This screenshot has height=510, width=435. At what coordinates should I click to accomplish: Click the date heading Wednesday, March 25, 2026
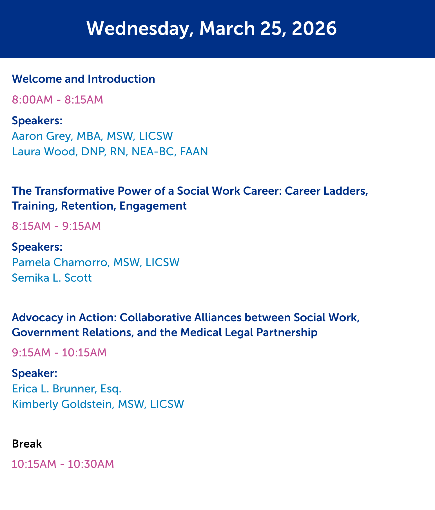pyautogui.click(x=211, y=29)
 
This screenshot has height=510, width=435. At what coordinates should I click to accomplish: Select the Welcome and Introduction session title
pyautogui.click(x=83, y=79)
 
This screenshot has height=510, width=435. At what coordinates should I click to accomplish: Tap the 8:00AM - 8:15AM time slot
pyautogui.click(x=57, y=100)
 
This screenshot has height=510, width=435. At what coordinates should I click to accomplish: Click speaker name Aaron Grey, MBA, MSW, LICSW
pyautogui.click(x=92, y=136)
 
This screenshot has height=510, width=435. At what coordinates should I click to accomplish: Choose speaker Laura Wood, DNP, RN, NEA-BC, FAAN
pyautogui.click(x=110, y=152)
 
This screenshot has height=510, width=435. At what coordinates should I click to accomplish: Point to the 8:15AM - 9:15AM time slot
pyautogui.click(x=56, y=226)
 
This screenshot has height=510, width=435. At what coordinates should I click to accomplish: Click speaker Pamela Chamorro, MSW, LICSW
pyautogui.click(x=96, y=262)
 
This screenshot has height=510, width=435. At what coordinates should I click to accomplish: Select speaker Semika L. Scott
pyautogui.click(x=52, y=278)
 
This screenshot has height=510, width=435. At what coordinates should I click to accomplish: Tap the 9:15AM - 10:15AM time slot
pyautogui.click(x=59, y=352)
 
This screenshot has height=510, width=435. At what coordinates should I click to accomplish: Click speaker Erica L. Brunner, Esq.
pyautogui.click(x=67, y=389)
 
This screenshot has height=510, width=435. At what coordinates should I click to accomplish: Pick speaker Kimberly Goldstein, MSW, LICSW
pyautogui.click(x=98, y=404)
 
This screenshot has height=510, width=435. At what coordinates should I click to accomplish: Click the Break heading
pyautogui.click(x=27, y=444)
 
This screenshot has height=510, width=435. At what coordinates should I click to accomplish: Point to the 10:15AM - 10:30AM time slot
pyautogui.click(x=63, y=464)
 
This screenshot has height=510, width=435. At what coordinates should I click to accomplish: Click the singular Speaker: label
pyautogui.click(x=35, y=373)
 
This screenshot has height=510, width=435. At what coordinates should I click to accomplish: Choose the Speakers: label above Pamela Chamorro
pyautogui.click(x=37, y=247)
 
